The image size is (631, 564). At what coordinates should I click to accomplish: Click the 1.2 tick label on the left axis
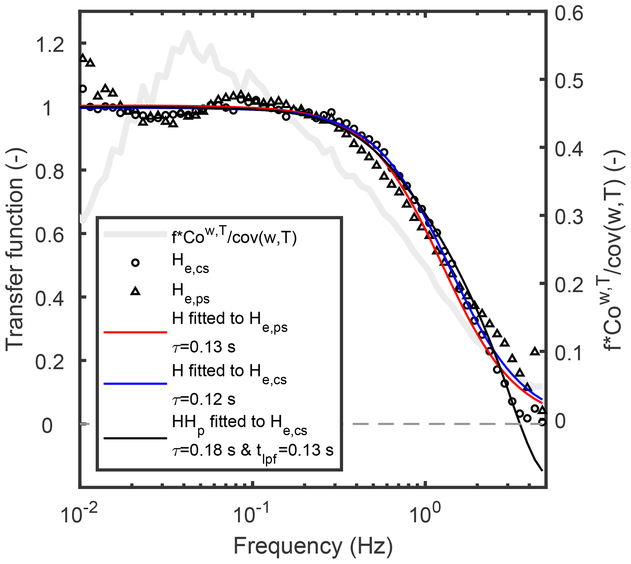point(50,45)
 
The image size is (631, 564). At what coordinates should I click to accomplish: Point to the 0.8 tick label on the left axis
point(50,172)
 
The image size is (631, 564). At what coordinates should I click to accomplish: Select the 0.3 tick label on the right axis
point(569,217)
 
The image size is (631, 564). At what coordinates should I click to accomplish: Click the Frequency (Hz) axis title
point(313,546)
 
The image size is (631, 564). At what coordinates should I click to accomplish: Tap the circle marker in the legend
point(136,263)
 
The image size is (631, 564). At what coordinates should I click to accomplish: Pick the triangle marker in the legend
point(136,291)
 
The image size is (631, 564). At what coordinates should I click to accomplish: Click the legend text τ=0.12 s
point(204,399)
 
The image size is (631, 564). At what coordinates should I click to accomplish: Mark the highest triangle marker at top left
point(83,58)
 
